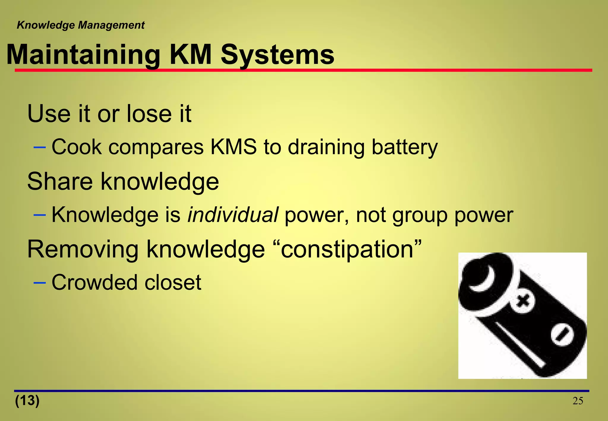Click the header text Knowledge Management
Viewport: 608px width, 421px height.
[x=80, y=25]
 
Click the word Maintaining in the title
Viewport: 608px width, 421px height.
[x=83, y=55]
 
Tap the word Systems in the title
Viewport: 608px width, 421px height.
[x=277, y=55]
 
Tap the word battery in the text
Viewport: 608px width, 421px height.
[x=405, y=148]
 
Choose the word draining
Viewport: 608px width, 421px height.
[x=326, y=148]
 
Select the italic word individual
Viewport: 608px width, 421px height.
[x=233, y=214]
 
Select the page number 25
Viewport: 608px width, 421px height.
[x=578, y=401]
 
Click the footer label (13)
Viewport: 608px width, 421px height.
[x=27, y=401]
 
